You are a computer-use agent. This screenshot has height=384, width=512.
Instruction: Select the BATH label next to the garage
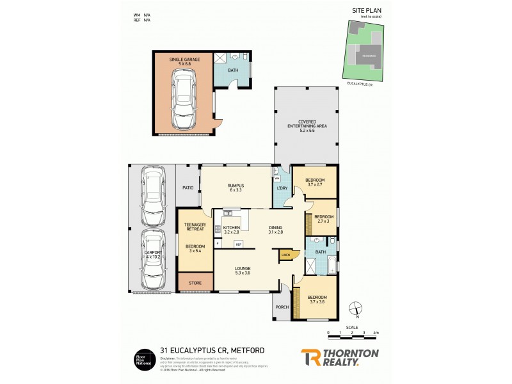coord(233,70)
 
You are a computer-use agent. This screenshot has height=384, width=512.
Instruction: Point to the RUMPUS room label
coord(236,187)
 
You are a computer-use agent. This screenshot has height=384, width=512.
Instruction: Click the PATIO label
coord(188,188)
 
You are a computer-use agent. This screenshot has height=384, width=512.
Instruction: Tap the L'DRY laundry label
coord(281,188)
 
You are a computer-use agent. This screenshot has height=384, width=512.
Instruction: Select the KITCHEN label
coord(231,228)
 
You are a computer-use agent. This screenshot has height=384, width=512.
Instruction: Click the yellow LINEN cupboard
coord(285,255)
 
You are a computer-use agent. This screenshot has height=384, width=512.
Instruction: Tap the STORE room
coord(195,282)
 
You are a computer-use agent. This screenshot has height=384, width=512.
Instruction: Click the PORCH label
coord(282,307)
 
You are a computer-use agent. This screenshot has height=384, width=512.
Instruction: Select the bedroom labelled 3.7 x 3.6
coord(317,299)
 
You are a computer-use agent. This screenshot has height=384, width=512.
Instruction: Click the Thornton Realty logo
coord(339,356)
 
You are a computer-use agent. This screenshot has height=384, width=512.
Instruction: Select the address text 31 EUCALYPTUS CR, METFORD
coord(211,350)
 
